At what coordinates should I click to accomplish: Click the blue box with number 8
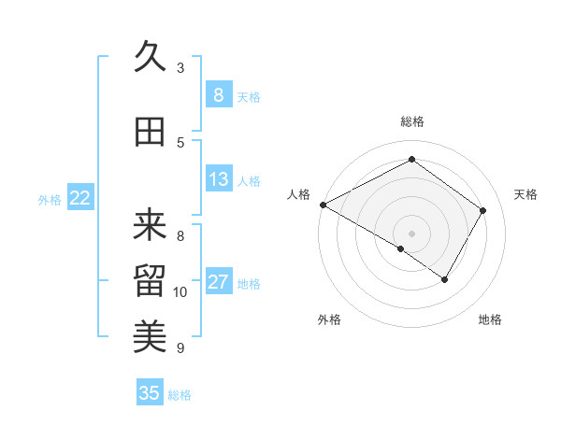[x=218, y=94]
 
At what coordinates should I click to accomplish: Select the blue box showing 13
[x=218, y=179]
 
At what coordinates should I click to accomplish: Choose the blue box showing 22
[x=79, y=198]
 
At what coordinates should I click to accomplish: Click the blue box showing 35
[x=150, y=393]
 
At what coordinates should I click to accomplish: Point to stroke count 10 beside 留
[x=180, y=292]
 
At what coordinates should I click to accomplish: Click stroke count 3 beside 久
[x=180, y=68]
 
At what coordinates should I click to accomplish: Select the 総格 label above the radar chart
[x=411, y=121]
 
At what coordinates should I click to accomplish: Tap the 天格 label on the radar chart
[x=525, y=194]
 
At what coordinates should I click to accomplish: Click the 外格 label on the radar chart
[x=329, y=319]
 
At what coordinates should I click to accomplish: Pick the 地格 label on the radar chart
[x=490, y=319]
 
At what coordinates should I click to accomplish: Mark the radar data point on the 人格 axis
[x=323, y=205]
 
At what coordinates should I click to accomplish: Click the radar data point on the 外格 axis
[x=401, y=248]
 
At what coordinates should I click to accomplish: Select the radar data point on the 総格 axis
[x=411, y=159]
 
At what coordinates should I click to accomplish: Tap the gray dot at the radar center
[x=411, y=233]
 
